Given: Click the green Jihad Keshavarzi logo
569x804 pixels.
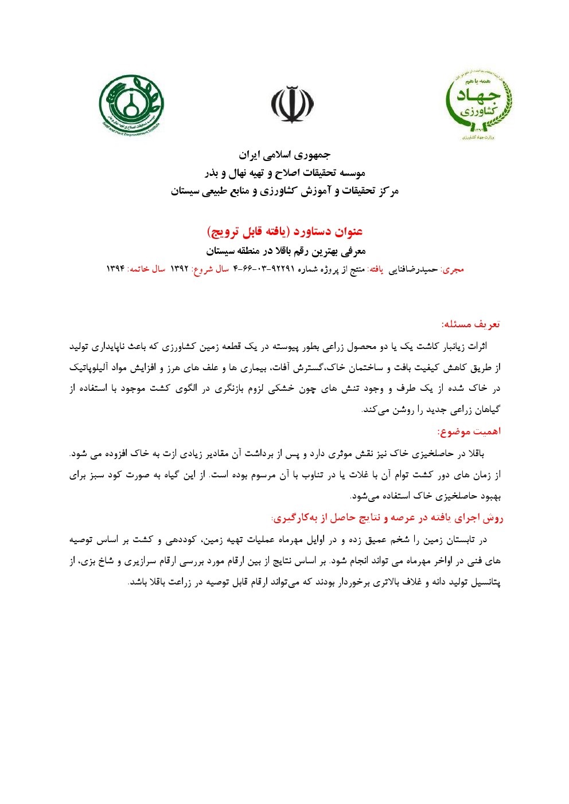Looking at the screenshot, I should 479,105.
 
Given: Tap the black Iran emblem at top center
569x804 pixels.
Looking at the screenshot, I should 292,104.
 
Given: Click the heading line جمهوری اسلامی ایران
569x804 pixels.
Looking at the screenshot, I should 285,155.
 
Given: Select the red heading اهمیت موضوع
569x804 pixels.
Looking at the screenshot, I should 469,431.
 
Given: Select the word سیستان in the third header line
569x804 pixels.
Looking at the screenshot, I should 188,191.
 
